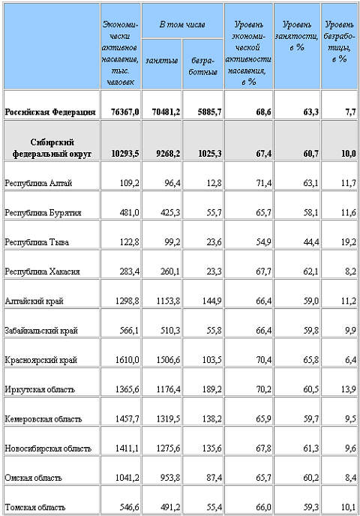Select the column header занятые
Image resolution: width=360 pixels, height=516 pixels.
click(x=160, y=60)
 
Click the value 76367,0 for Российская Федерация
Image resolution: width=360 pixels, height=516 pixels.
click(x=123, y=112)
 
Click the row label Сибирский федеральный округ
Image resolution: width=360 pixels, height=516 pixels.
click(x=51, y=148)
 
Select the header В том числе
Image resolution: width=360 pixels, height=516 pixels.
click(x=181, y=24)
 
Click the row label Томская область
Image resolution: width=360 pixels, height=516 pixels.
click(x=33, y=507)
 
